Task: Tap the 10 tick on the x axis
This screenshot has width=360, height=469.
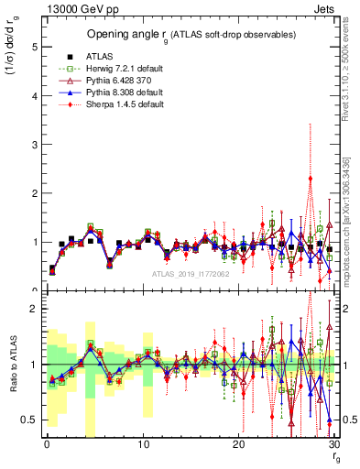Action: tap(143, 444)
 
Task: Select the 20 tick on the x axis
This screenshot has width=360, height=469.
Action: tap(238, 444)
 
